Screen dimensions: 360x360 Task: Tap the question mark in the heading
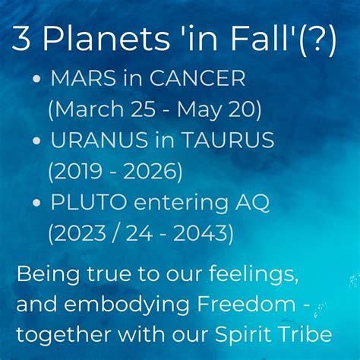[317, 38]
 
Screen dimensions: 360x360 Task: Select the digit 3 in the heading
[21, 38]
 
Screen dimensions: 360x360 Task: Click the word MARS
[84, 78]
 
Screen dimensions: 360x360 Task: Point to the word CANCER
[197, 78]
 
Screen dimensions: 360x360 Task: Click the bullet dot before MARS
[36, 79]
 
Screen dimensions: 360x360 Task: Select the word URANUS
[99, 140]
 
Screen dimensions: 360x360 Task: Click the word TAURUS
[229, 140]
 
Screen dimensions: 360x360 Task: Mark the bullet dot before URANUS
[36, 141]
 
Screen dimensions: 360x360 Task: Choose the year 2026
[150, 171]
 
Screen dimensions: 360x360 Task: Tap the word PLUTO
[89, 202]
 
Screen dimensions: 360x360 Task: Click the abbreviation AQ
[252, 203]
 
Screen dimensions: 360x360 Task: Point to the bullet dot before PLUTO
[36, 203]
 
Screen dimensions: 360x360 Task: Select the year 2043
[201, 233]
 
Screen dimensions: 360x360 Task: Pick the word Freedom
[246, 303]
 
